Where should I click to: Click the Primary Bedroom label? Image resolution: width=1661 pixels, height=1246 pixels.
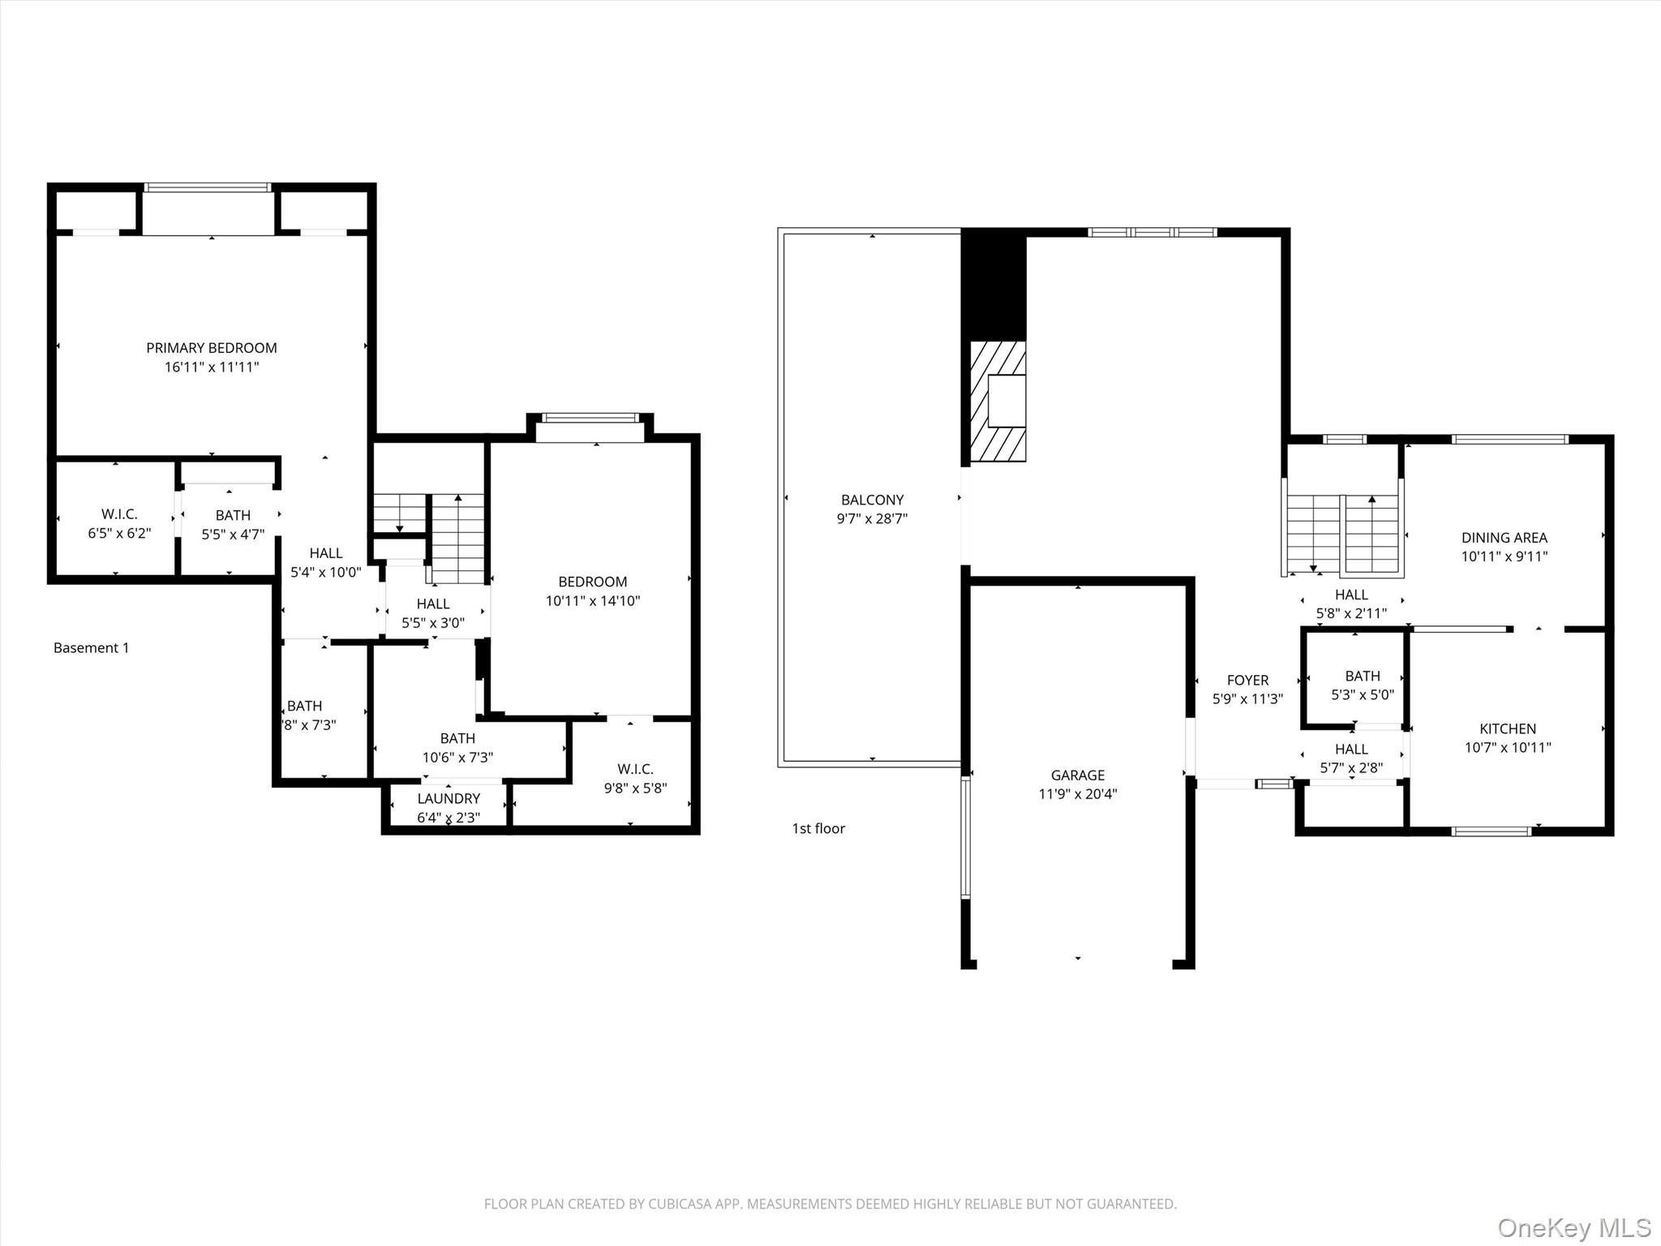[x=211, y=348]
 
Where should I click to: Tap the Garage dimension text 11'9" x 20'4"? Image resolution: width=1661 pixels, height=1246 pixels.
[x=1077, y=794]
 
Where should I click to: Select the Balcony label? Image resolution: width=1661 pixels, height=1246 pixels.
[x=872, y=500]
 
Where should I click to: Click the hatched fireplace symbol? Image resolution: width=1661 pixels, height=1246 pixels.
[x=998, y=402]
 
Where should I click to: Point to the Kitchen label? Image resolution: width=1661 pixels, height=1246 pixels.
[x=1507, y=728]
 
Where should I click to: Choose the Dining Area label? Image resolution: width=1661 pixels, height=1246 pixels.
[x=1504, y=538]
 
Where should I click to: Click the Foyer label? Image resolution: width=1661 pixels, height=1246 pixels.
[x=1247, y=681]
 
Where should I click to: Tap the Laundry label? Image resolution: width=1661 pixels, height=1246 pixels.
[x=449, y=799]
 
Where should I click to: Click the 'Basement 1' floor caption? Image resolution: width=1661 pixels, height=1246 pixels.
[x=91, y=648]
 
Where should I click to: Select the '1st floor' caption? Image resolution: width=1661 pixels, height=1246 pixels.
[x=818, y=828]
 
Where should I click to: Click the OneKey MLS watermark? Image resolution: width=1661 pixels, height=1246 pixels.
[x=1573, y=1227]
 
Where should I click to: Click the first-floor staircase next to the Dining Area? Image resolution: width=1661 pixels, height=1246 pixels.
[x=1344, y=531]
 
